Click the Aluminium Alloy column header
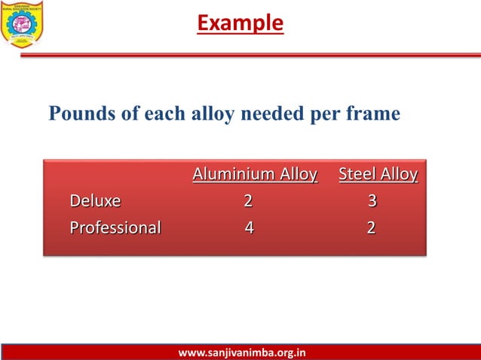click(x=255, y=175)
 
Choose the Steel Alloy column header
click(x=378, y=175)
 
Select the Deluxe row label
click(x=95, y=202)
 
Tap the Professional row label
click(x=115, y=227)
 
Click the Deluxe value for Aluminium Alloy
click(x=248, y=202)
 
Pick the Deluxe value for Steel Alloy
click(x=372, y=202)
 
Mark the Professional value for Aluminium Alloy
click(x=249, y=227)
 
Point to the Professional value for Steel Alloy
click(x=371, y=227)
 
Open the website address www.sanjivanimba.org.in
click(x=241, y=352)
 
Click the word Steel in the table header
click(x=358, y=175)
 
